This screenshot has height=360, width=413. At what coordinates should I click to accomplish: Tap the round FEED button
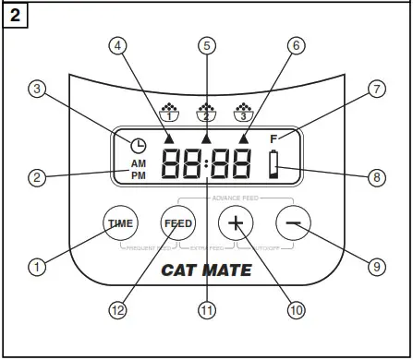click(x=178, y=223)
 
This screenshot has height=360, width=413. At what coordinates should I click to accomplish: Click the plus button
click(x=235, y=223)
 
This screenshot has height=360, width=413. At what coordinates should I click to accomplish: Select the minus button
click(x=293, y=223)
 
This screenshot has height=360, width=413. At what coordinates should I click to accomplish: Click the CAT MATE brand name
click(x=205, y=270)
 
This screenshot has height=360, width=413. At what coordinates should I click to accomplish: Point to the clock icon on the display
click(x=138, y=145)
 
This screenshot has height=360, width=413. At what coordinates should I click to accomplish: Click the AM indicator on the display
click(x=138, y=162)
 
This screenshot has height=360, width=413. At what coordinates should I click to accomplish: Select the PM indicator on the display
click(x=138, y=174)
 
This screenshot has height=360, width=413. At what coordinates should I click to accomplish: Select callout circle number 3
click(x=37, y=90)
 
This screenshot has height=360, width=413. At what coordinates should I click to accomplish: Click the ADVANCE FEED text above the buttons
click(x=235, y=198)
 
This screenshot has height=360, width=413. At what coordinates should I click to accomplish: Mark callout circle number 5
click(x=207, y=44)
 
